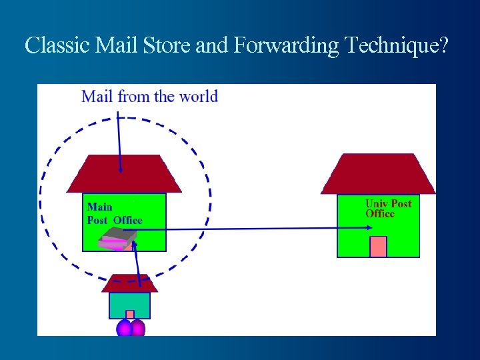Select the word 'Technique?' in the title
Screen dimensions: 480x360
[x=397, y=46]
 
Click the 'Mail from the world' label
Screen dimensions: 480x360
[x=149, y=97]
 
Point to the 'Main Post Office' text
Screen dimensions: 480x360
[x=114, y=213]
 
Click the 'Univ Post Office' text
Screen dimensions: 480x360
[x=388, y=208]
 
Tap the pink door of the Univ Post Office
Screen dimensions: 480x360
[x=378, y=246]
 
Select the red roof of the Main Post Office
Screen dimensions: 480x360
[x=124, y=174]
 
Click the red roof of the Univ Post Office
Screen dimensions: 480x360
[x=378, y=174]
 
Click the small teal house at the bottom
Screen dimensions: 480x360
[x=129, y=305]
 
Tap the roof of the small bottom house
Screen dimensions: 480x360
[x=129, y=283]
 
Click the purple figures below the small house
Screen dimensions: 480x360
[x=131, y=329]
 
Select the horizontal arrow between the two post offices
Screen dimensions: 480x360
[x=253, y=229]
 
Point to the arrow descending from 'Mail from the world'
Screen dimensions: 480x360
[x=119, y=143]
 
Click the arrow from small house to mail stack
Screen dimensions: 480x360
[x=138, y=263]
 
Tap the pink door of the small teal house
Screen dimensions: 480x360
[x=130, y=314]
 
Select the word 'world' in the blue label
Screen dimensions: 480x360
[x=198, y=97]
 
